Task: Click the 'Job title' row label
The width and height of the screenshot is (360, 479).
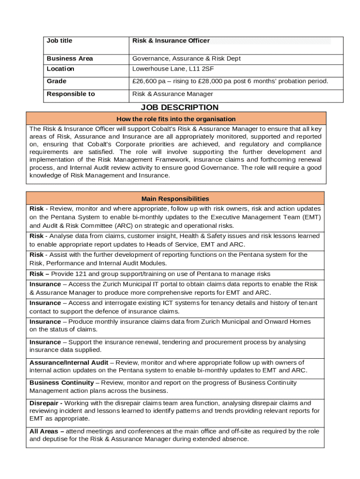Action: click(59, 41)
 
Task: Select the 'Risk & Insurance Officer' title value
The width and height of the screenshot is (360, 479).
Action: click(171, 41)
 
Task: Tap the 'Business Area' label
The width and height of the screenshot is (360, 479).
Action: click(70, 58)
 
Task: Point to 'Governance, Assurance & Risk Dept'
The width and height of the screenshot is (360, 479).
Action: click(187, 58)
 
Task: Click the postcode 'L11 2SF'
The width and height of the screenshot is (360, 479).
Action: click(201, 69)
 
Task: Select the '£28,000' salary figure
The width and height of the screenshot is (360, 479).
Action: click(211, 81)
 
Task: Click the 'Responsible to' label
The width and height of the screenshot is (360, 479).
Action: click(71, 94)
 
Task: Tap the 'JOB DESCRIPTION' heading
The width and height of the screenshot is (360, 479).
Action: click(180, 108)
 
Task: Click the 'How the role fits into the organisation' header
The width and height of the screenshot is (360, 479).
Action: click(176, 119)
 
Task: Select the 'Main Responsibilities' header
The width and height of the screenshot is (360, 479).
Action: click(175, 199)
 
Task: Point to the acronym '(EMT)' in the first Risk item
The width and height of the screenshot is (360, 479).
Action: click(312, 217)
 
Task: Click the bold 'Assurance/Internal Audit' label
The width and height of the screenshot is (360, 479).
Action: click(69, 363)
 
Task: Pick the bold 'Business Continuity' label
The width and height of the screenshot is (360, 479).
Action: click(62, 383)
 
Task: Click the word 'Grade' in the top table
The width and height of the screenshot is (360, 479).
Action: click(57, 81)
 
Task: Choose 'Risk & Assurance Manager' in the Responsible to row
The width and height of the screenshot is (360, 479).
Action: click(173, 94)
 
